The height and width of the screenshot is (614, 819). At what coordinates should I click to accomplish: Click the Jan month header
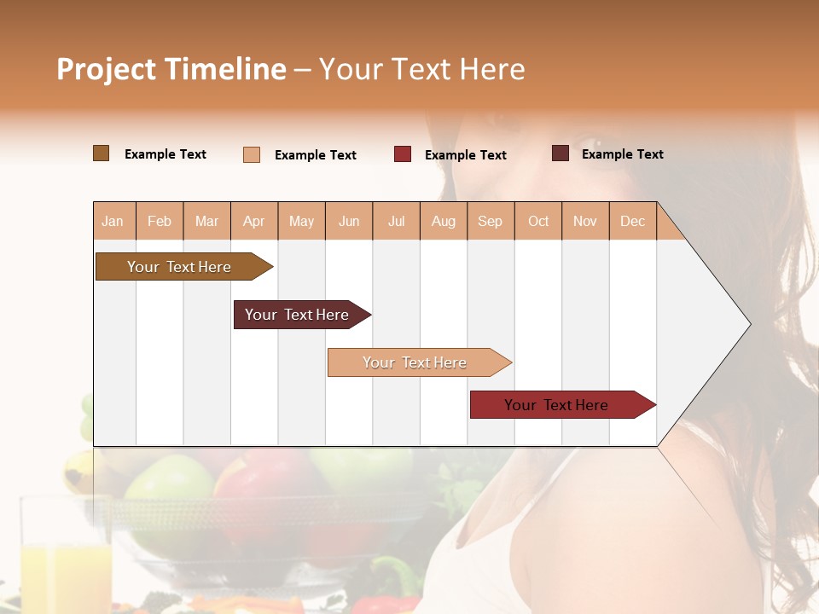(x=113, y=221)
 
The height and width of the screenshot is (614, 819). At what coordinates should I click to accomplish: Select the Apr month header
(x=253, y=221)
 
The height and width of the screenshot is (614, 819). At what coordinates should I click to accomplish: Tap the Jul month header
(x=396, y=221)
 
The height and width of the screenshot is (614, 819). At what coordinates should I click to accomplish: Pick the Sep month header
(x=490, y=221)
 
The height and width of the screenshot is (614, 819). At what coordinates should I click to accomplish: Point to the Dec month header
(x=632, y=221)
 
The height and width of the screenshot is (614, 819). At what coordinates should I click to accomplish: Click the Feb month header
(x=160, y=221)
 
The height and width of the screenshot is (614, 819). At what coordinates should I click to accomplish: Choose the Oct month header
(x=538, y=221)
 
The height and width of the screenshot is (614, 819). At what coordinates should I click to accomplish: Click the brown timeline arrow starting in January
(x=179, y=267)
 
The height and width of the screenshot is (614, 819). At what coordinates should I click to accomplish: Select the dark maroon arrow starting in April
(x=297, y=315)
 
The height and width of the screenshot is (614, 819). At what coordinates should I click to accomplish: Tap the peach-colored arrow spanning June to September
(x=415, y=362)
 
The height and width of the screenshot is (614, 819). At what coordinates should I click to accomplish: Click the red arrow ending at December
(x=556, y=405)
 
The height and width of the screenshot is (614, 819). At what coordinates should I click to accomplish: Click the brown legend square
(x=101, y=153)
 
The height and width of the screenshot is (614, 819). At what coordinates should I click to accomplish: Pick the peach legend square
(x=252, y=154)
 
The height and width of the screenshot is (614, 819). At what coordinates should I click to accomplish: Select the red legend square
(x=403, y=154)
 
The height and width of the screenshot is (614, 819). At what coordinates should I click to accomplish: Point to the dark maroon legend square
(x=561, y=153)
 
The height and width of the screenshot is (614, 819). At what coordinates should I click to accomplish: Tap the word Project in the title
(x=106, y=69)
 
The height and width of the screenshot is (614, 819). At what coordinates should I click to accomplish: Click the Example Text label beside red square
(x=465, y=154)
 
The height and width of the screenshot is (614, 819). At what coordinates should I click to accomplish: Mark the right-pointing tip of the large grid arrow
(x=749, y=324)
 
